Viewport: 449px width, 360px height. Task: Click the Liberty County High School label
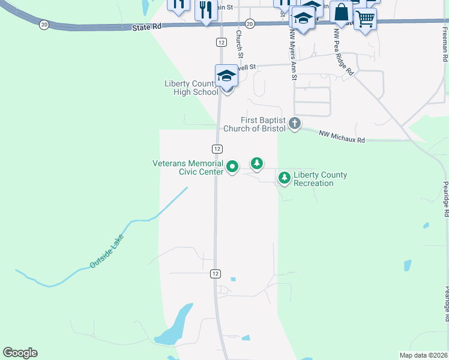(191, 88)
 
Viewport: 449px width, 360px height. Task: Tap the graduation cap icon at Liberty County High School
(226, 76)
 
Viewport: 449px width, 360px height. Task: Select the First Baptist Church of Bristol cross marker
(294, 124)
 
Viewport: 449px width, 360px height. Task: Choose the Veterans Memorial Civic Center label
(188, 167)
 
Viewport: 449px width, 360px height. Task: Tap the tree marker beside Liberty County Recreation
(284, 178)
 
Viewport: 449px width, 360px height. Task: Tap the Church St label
(240, 44)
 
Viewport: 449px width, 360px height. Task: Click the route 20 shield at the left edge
(44, 25)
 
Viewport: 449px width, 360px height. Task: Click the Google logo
(20, 353)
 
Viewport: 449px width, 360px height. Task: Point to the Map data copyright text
(423, 355)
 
